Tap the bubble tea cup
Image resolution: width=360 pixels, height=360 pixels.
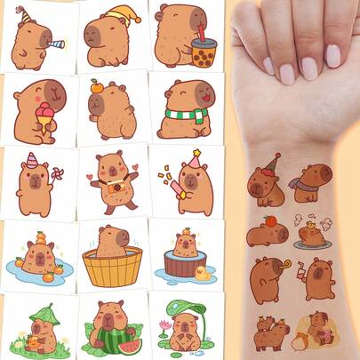[204, 52]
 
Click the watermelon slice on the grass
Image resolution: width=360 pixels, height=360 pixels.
[131, 345]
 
